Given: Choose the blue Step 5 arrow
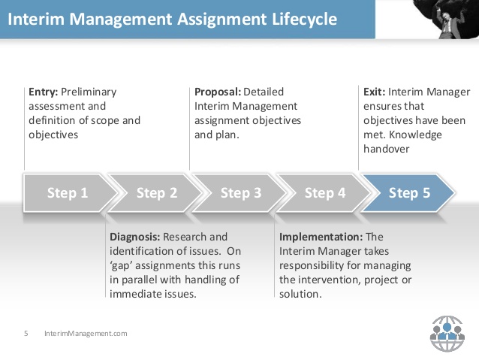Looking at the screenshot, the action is [408, 193].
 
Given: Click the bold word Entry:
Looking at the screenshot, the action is [43, 92].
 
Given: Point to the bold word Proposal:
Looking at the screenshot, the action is [218, 92].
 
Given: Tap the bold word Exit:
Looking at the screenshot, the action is [374, 92].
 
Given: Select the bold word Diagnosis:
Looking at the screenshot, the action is [134, 237].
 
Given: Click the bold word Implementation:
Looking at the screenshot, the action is [321, 237].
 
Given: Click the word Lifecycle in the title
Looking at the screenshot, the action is [304, 20].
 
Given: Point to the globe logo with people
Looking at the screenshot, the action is [447, 334].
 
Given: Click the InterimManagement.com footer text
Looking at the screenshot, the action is [86, 334].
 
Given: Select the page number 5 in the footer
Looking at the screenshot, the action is [26, 334].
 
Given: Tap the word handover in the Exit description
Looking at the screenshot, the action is [386, 149].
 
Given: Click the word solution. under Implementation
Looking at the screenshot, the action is [300, 294].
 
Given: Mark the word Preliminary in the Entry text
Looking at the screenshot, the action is [89, 92].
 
